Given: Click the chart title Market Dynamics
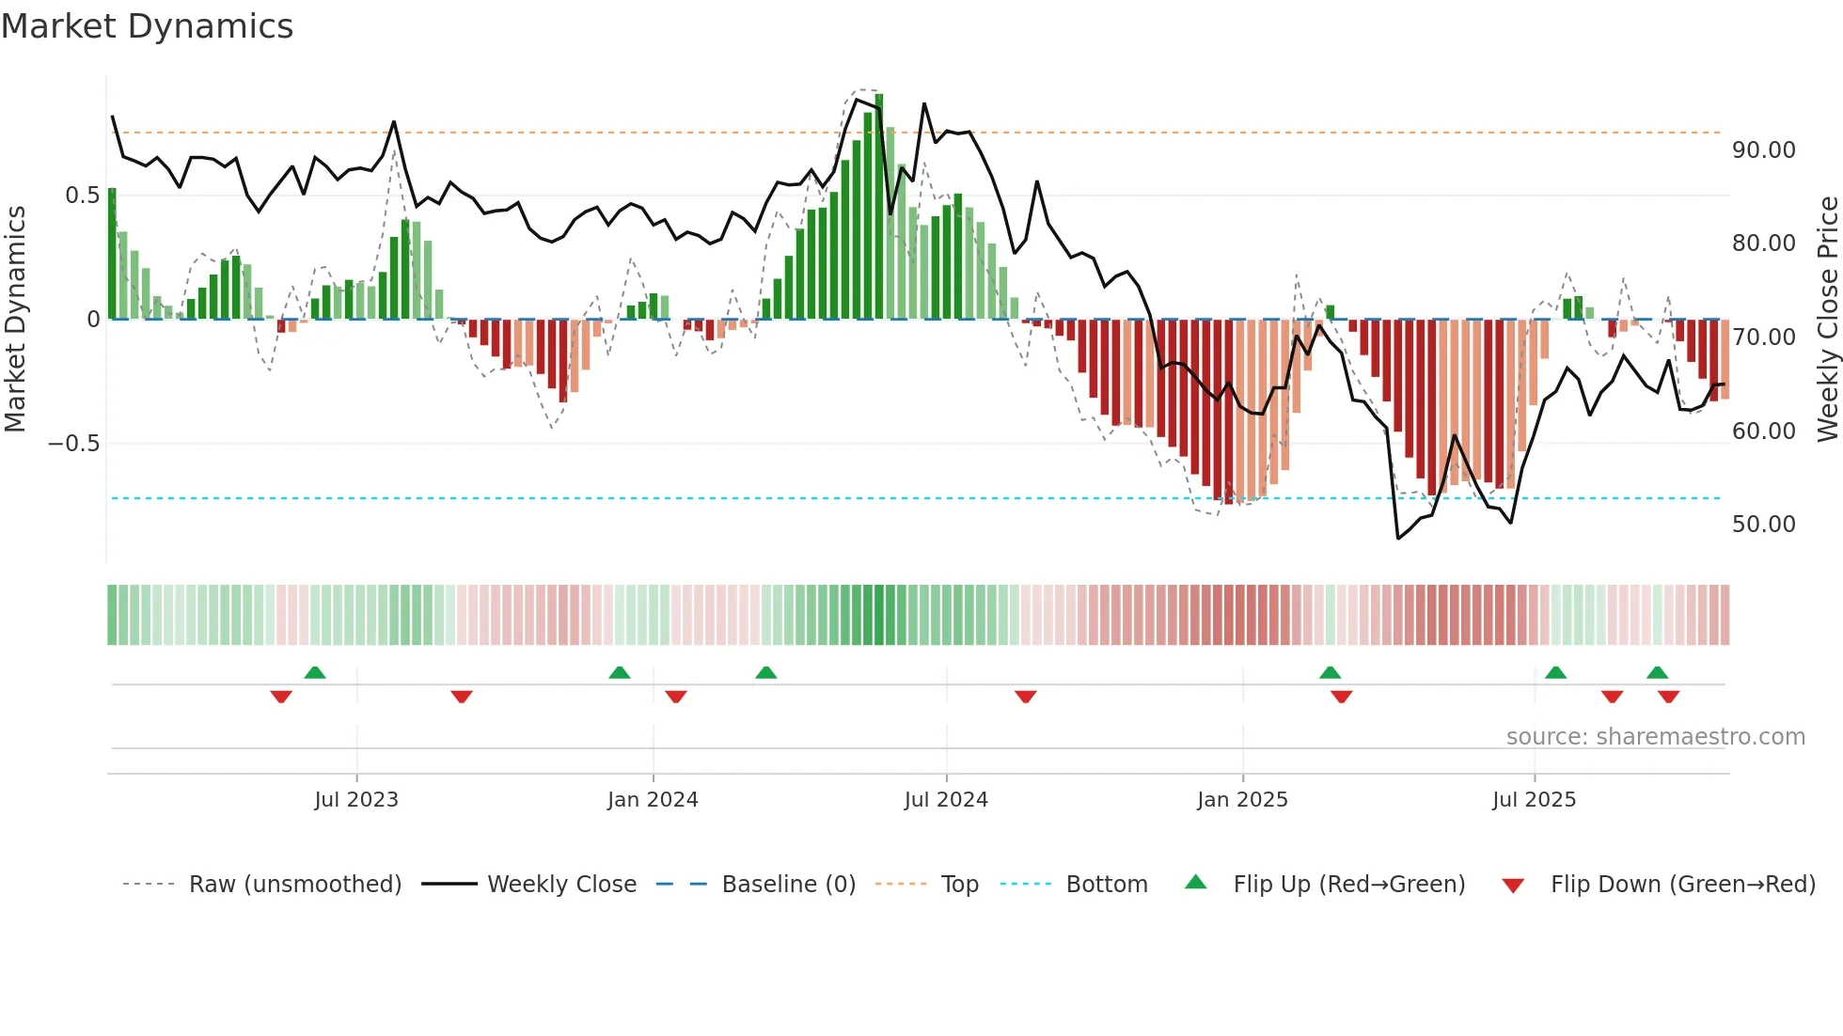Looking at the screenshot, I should [147, 26].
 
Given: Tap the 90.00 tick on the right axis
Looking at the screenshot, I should [1763, 150].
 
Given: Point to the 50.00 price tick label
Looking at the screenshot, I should [1763, 525].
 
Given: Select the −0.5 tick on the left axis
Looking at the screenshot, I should [73, 444].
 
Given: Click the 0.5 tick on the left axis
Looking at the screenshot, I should [82, 196].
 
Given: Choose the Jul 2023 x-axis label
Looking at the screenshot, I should [356, 800].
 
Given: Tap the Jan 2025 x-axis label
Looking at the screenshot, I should [1242, 800].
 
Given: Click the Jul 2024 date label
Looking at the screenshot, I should [946, 800].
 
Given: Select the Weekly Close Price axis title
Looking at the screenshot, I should [1827, 320].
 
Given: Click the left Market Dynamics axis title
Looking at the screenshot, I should [15, 320].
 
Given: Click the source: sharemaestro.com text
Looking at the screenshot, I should [1655, 737].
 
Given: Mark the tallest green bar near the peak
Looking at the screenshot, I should [879, 207].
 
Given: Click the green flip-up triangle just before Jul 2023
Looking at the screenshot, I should [315, 672].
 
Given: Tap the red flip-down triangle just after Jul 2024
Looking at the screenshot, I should [1026, 697].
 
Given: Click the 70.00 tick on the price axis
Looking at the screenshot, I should [1763, 337].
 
